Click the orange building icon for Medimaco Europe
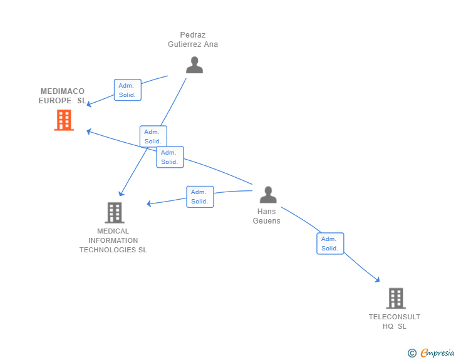point(64,120)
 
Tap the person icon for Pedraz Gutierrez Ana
point(195,65)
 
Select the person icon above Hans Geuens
point(268,195)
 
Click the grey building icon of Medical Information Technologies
point(115,213)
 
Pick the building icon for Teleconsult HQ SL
point(396,298)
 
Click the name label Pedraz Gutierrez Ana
point(193,39)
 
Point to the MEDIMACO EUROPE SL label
point(62,96)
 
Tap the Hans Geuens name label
point(266,216)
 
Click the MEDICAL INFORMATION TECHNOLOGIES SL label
point(113,240)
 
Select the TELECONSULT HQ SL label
point(395,321)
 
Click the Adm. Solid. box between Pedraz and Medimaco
point(128,90)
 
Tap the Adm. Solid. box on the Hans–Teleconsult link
point(330,244)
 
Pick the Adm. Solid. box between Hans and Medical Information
point(200,197)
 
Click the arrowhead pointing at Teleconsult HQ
point(378,280)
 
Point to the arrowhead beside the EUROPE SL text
point(89,104)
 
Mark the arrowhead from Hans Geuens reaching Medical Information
point(149,203)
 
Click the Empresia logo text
point(437,352)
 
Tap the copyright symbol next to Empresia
point(412,353)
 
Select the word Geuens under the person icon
point(266,221)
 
